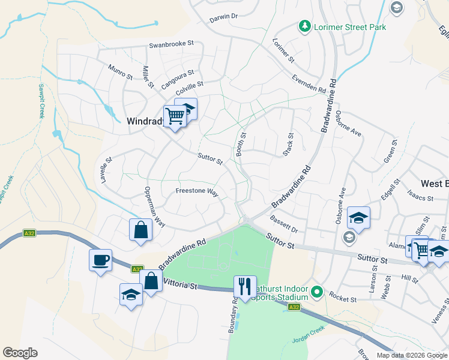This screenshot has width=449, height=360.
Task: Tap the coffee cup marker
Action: point(100,260)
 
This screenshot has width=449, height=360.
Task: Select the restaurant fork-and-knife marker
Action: point(244,286)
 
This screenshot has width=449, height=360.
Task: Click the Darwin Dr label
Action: point(224,17)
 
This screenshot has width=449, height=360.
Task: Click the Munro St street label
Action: point(120,73)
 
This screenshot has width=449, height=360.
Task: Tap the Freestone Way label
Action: point(196,191)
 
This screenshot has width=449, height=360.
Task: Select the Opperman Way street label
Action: point(155,206)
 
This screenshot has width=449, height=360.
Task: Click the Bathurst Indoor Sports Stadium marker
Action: point(317,293)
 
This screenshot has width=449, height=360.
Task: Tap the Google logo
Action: point(20,353)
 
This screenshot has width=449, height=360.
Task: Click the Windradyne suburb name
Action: point(144,121)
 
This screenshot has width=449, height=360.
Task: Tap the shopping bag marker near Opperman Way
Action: point(140,230)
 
